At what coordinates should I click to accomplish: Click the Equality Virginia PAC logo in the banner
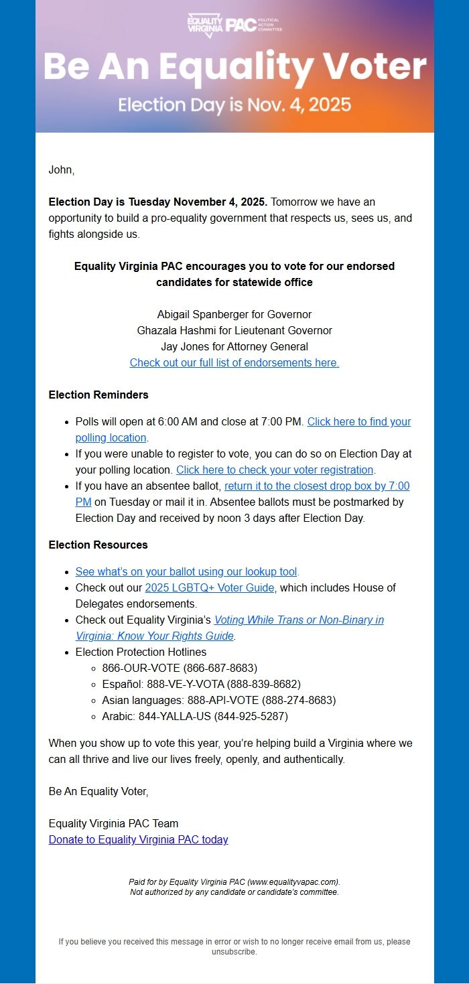[x=234, y=25]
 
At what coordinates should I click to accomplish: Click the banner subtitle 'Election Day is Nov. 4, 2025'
[x=234, y=104]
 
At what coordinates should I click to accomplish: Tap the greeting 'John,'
[x=62, y=170]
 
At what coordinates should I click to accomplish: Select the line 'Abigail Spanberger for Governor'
[x=234, y=314]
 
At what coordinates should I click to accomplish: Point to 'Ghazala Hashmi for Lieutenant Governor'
[x=234, y=330]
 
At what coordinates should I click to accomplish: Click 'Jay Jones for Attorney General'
[x=234, y=346]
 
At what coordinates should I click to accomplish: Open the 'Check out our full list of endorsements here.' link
[x=234, y=362]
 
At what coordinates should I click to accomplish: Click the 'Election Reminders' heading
[x=98, y=395]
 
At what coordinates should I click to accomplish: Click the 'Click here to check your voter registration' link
[x=275, y=470]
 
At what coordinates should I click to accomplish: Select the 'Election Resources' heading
[x=98, y=545]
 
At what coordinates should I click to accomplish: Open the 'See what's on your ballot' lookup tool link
[x=186, y=571]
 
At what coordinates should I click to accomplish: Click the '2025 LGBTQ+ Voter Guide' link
[x=210, y=587]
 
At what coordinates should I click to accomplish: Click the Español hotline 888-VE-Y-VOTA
[x=201, y=684]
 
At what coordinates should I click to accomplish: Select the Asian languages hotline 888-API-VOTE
[x=218, y=700]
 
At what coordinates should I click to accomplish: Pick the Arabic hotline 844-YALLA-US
[x=194, y=716]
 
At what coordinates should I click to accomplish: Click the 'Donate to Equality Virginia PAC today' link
[x=139, y=839]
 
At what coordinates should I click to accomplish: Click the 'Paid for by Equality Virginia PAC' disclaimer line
[x=234, y=882]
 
